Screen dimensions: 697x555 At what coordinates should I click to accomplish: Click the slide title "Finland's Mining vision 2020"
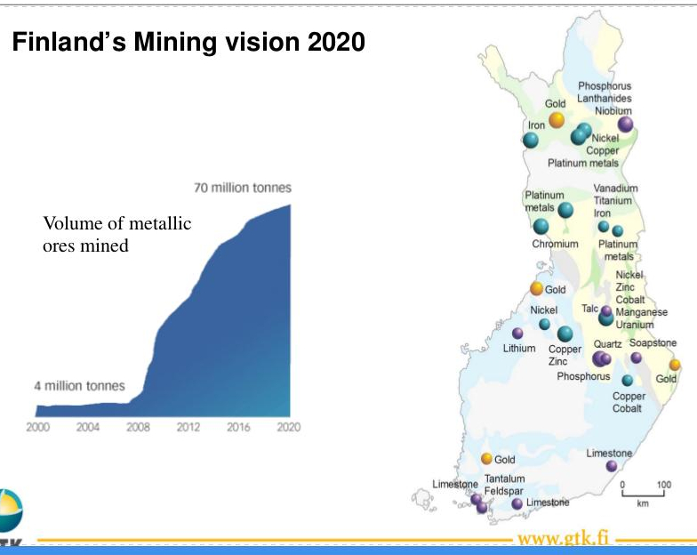pyautogui.click(x=188, y=42)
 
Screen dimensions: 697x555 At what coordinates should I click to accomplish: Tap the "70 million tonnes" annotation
pyautogui.click(x=243, y=188)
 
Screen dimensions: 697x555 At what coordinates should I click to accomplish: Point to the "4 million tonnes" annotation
pyautogui.click(x=80, y=386)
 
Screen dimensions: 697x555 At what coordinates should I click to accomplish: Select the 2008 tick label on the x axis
pyautogui.click(x=138, y=427)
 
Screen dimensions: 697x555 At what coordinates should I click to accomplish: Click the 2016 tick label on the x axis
pyautogui.click(x=238, y=427)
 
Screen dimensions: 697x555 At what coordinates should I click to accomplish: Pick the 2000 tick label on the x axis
pyautogui.click(x=37, y=427)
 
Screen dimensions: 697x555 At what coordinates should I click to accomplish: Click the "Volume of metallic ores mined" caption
pyautogui.click(x=117, y=235)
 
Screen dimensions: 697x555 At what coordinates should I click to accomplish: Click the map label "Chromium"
pyautogui.click(x=555, y=244)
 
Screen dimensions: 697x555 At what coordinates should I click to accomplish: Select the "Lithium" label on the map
pyautogui.click(x=519, y=349)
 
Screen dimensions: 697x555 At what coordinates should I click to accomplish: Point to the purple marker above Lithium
pyautogui.click(x=517, y=333)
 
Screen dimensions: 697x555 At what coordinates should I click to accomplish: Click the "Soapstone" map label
pyautogui.click(x=653, y=343)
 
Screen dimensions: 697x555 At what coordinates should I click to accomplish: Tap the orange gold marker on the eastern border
pyautogui.click(x=675, y=365)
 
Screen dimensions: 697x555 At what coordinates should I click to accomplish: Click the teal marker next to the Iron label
pyautogui.click(x=530, y=141)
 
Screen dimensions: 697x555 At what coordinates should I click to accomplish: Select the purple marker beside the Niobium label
pyautogui.click(x=626, y=125)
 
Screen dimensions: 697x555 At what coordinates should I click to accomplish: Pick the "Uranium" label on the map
pyautogui.click(x=635, y=325)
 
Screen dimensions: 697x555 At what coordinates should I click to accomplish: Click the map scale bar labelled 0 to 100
pyautogui.click(x=644, y=494)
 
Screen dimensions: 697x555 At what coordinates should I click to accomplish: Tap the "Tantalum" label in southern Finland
pyautogui.click(x=505, y=479)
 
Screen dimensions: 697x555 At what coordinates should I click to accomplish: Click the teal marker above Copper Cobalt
pyautogui.click(x=628, y=381)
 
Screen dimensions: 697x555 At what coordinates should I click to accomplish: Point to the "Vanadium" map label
pyautogui.click(x=615, y=189)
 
